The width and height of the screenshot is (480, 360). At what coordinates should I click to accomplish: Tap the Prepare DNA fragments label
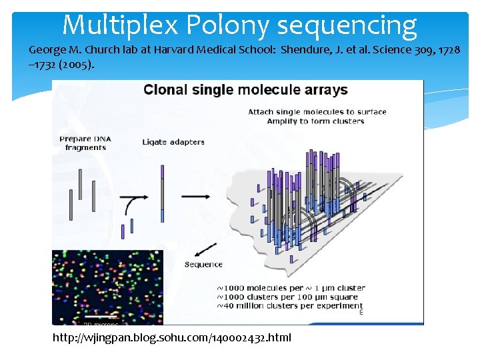pos(85,143)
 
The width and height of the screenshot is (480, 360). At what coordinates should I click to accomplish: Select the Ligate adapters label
pos(173,141)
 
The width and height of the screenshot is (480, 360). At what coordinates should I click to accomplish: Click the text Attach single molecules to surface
pos(317,111)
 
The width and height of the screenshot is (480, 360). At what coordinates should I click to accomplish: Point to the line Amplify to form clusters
pos(315,121)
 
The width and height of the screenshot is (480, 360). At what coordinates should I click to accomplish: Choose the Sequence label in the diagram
pos(203,264)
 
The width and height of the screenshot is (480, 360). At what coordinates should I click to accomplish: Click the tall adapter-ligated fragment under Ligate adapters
pos(162,193)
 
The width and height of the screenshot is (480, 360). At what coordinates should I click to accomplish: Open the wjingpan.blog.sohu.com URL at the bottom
pos(172,337)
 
